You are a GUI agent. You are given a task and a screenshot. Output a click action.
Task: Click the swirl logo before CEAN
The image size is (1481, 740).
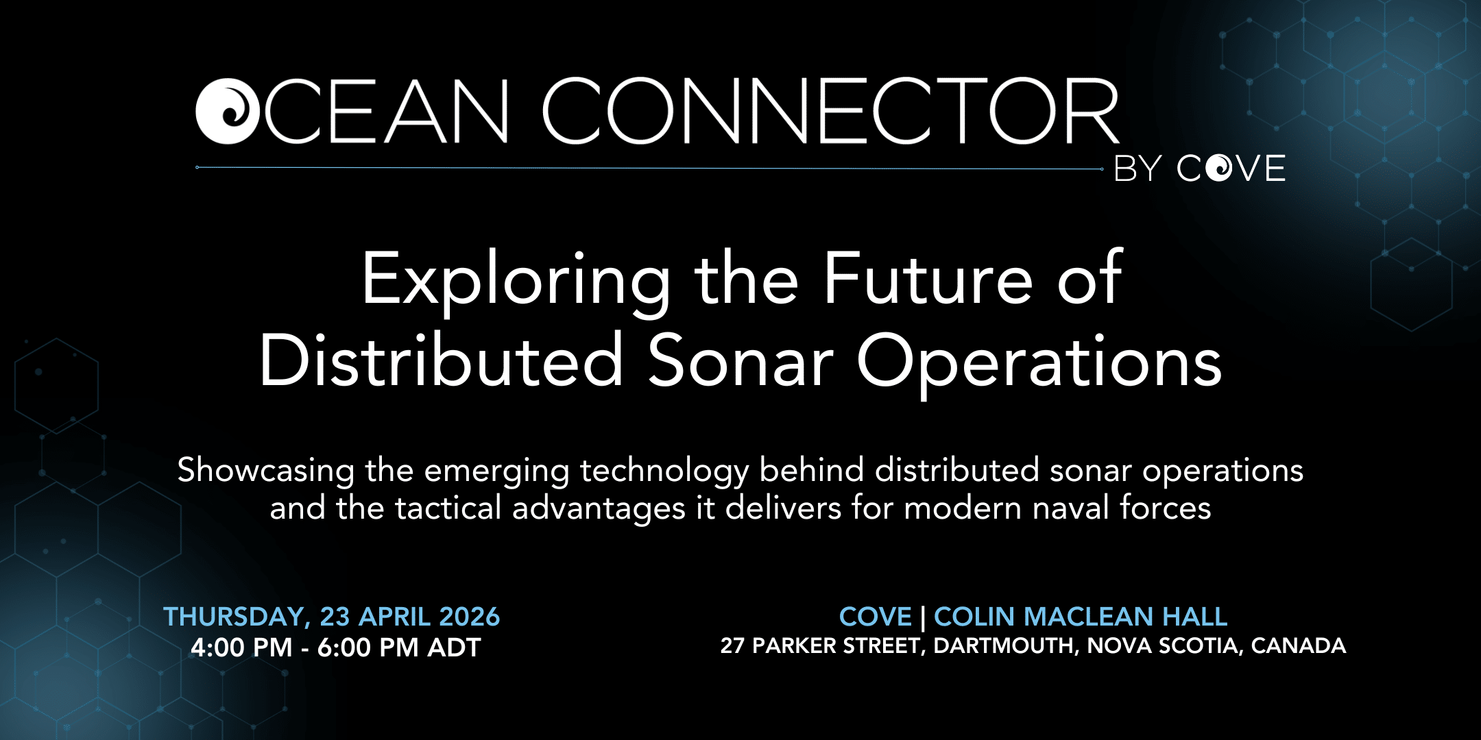click(228, 112)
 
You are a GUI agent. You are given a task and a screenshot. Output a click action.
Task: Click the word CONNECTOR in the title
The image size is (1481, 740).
click(831, 111)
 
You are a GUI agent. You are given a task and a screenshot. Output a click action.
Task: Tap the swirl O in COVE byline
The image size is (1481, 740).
click(1219, 168)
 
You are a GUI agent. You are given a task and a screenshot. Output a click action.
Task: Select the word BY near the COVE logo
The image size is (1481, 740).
click(1138, 169)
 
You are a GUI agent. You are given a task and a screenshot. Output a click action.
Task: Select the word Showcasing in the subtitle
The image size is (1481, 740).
click(266, 471)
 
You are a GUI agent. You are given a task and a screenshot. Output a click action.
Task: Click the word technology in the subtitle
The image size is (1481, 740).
click(664, 471)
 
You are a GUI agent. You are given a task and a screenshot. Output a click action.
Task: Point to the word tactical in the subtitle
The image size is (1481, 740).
click(448, 508)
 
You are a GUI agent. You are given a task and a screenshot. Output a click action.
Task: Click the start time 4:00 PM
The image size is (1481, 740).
click(241, 647)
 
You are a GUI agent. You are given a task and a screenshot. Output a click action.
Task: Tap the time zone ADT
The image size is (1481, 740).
click(455, 647)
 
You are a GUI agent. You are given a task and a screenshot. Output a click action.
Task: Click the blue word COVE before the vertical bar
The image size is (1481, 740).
click(876, 617)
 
